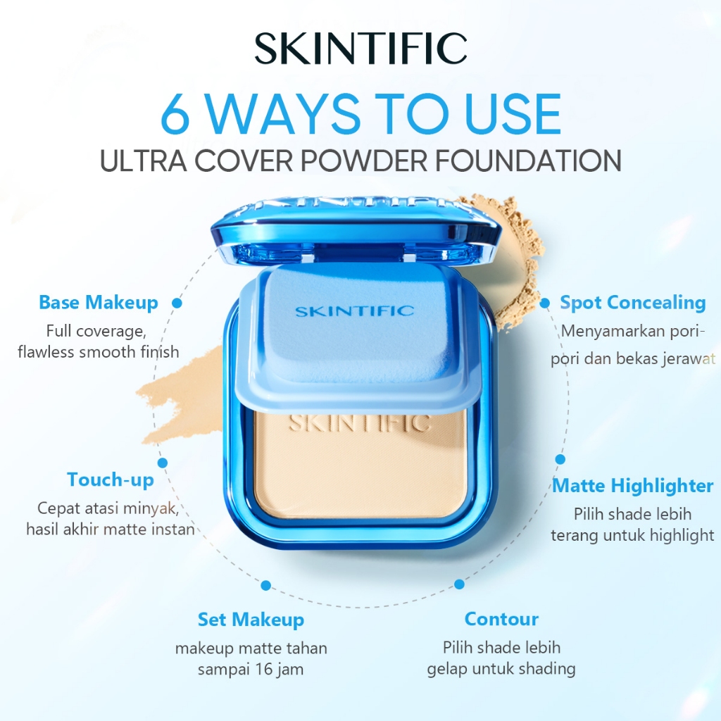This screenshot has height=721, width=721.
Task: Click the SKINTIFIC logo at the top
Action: pyautogui.click(x=360, y=49)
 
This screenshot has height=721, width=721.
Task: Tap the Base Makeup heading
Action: pyautogui.click(x=99, y=303)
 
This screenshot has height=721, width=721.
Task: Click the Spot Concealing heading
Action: pyautogui.click(x=632, y=303)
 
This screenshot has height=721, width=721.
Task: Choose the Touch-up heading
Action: pyautogui.click(x=111, y=480)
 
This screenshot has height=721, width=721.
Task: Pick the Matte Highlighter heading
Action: pyautogui.click(x=632, y=486)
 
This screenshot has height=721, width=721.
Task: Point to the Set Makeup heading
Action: pyautogui.click(x=251, y=620)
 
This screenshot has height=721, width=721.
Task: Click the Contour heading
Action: pyautogui.click(x=501, y=620)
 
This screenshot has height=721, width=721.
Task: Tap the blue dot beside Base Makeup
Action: pyautogui.click(x=177, y=303)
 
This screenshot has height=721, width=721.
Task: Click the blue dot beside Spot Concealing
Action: pyautogui.click(x=546, y=303)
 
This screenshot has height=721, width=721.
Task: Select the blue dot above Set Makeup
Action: pyautogui.click(x=266, y=585)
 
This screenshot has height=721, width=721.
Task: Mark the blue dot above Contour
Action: pyautogui.click(x=459, y=584)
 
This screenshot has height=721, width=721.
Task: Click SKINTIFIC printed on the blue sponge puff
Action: pyautogui.click(x=354, y=311)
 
